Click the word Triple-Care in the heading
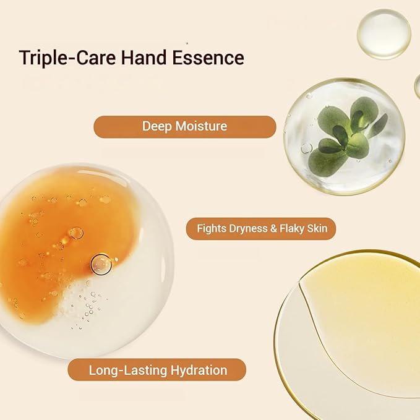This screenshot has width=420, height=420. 67,58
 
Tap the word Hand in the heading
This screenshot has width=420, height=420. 144,58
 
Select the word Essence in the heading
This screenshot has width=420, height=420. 208,58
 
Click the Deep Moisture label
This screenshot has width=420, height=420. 185,127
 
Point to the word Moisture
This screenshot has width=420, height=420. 201,126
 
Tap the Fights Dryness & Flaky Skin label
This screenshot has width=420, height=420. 261,228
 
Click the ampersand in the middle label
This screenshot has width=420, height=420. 273,228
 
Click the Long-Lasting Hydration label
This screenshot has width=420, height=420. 157,370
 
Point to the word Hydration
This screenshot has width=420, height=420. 199,371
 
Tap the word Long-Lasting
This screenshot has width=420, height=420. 128,371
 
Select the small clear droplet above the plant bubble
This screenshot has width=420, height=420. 384,34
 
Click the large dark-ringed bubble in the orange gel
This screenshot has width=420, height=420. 101,264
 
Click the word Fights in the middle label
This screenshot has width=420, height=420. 212,229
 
